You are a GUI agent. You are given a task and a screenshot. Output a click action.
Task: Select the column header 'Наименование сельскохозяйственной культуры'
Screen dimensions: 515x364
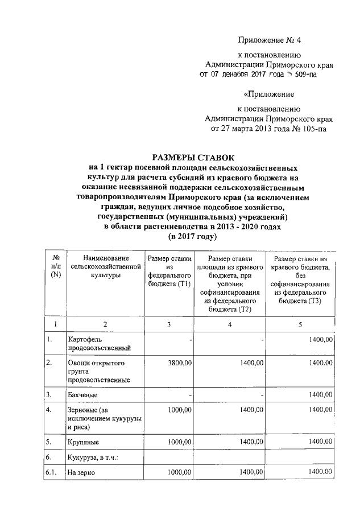105,266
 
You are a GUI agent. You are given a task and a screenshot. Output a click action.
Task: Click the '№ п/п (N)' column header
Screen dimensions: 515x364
55,266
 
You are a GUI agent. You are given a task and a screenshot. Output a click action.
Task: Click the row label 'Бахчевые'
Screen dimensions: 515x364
82,394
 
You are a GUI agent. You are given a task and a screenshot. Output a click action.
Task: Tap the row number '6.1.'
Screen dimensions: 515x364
54,472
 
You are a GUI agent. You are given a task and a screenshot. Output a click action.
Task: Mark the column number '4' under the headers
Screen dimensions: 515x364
229,324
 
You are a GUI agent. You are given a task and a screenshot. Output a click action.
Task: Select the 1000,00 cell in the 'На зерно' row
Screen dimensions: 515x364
177,472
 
